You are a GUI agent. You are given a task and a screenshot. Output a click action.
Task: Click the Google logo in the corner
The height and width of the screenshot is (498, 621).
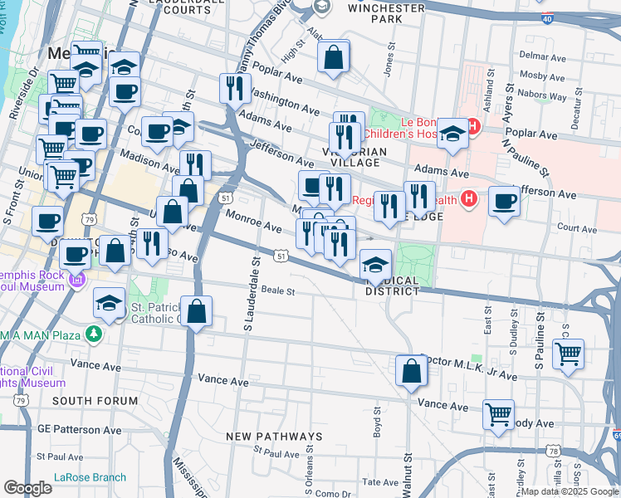coord(27,488)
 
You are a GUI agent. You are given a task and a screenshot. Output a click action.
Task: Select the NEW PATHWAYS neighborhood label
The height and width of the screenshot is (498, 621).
coord(274,437)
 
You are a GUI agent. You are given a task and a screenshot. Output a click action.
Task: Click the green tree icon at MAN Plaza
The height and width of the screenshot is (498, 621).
coord(95,334)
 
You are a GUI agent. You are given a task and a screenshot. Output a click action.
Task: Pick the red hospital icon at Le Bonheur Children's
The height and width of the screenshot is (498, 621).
coord(473,126)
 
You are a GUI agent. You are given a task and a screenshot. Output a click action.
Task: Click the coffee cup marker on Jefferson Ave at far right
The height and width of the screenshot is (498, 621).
coord(504,202)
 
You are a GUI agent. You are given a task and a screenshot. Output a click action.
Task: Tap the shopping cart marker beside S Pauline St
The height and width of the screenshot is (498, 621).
coord(568,352)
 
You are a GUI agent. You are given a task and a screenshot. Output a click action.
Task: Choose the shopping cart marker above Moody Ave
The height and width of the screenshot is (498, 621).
coord(498,413)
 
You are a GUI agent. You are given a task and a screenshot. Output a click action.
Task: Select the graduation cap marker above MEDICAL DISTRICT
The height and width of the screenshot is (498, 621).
coord(375,265)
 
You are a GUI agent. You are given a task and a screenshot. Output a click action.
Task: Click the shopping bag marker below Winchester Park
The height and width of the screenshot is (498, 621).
coord(333,57)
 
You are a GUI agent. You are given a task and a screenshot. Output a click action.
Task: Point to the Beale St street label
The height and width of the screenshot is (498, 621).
coord(280,291)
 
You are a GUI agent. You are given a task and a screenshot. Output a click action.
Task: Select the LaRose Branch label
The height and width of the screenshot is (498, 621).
coord(90,477)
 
